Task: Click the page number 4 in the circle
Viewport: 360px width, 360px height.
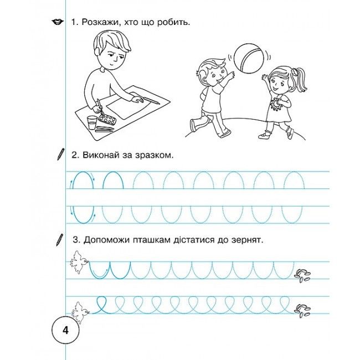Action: click(x=66, y=331)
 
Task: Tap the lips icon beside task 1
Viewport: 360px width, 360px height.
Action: click(x=58, y=22)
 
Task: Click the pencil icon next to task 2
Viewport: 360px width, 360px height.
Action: click(x=60, y=154)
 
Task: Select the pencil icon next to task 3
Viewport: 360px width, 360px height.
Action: click(x=60, y=240)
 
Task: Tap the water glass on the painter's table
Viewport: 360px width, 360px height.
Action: click(x=92, y=122)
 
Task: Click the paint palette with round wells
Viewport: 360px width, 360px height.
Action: click(x=107, y=120)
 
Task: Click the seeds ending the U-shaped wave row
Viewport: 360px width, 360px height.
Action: click(x=302, y=276)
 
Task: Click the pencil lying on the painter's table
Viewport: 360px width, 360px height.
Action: click(x=151, y=100)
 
